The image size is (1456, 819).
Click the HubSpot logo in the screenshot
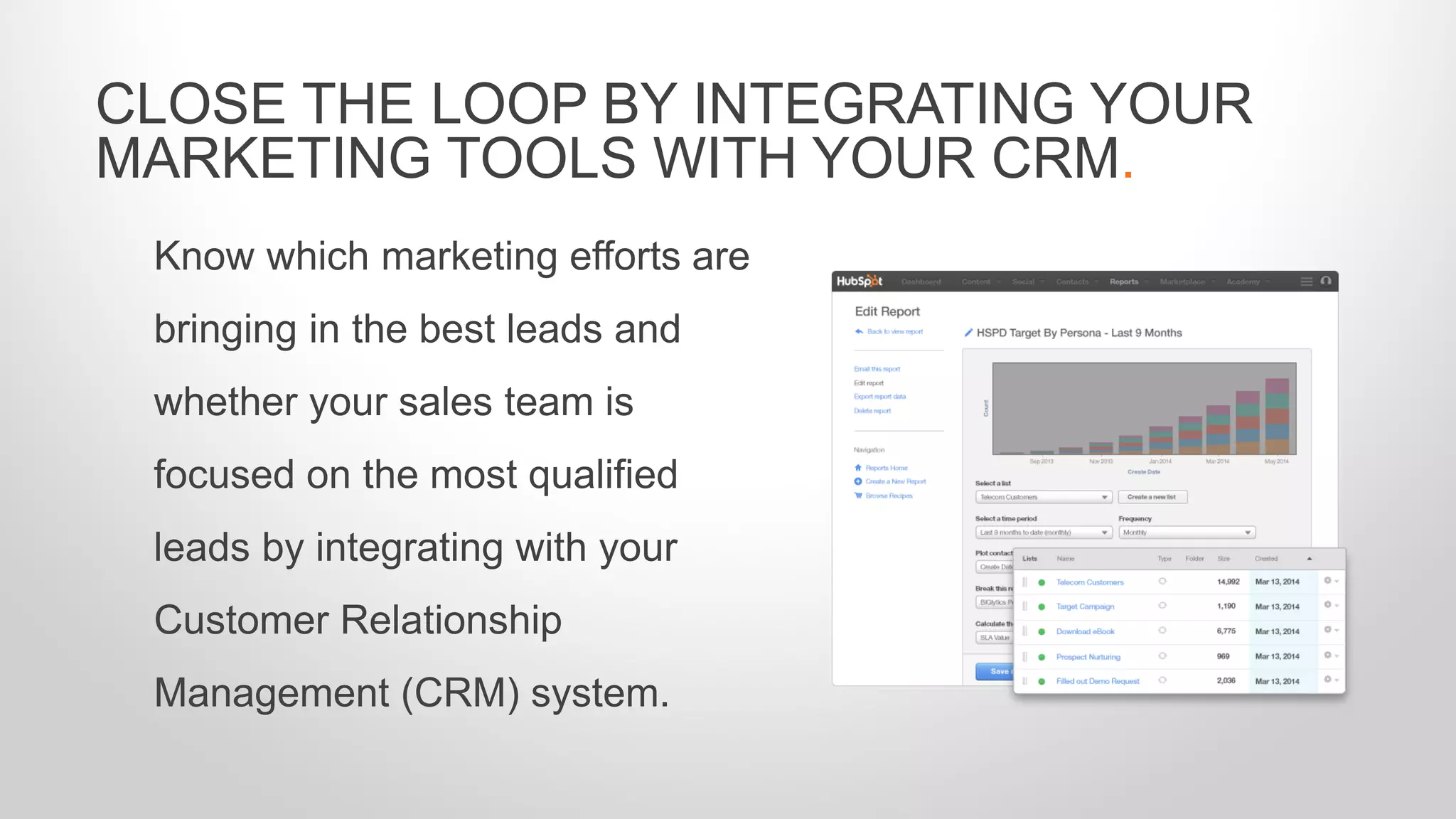point(859,282)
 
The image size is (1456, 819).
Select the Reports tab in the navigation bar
point(1123,282)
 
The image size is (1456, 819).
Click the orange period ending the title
point(1128,174)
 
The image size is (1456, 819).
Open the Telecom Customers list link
point(1089,582)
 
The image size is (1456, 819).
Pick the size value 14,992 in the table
point(1228,582)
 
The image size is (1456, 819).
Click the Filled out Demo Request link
point(1097,681)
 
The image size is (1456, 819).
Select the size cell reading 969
point(1223,656)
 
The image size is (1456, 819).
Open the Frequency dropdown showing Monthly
point(1187,532)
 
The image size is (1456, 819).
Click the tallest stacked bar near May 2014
point(1277,417)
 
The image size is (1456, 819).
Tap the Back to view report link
point(894,332)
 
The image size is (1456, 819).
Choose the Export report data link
point(879,397)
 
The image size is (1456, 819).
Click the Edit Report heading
point(887,311)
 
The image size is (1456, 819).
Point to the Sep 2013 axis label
point(1042,461)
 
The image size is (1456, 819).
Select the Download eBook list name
point(1085,631)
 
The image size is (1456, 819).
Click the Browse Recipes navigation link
point(889,496)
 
